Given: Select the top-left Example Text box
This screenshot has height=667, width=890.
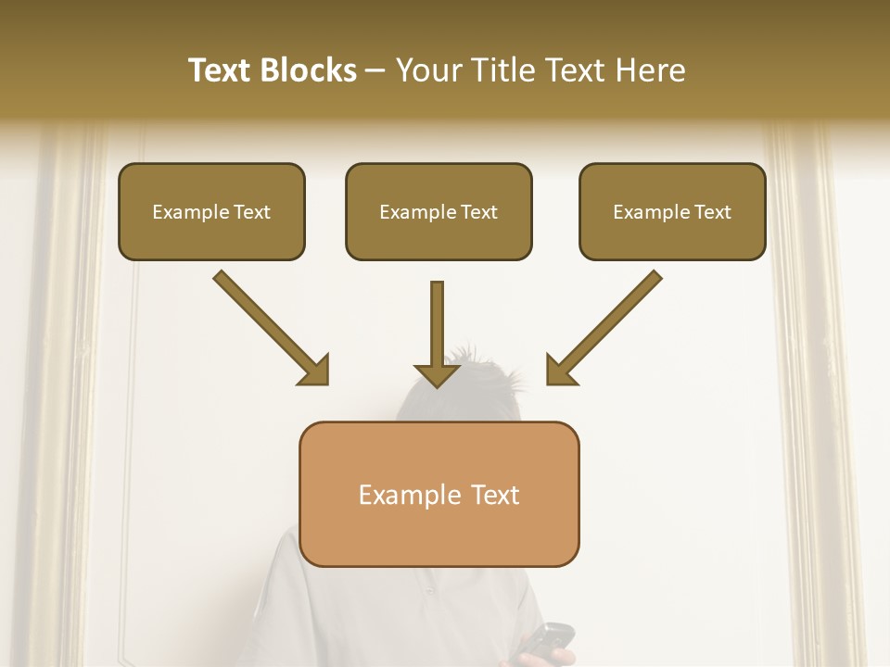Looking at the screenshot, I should [211, 211].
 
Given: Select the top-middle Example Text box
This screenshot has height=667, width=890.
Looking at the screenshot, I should [439, 211].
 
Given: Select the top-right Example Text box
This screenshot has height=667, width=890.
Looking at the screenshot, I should [672, 211].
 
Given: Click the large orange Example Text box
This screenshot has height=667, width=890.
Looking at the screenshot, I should [439, 494].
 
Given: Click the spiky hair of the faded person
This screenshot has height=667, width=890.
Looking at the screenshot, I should [482, 371].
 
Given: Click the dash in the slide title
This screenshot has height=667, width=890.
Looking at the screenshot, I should [376, 71].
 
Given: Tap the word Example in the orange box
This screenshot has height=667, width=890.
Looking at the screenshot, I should [404, 495].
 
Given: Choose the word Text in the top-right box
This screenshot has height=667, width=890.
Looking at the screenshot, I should [712, 212].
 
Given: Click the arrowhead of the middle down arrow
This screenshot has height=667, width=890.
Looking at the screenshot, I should [438, 375].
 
